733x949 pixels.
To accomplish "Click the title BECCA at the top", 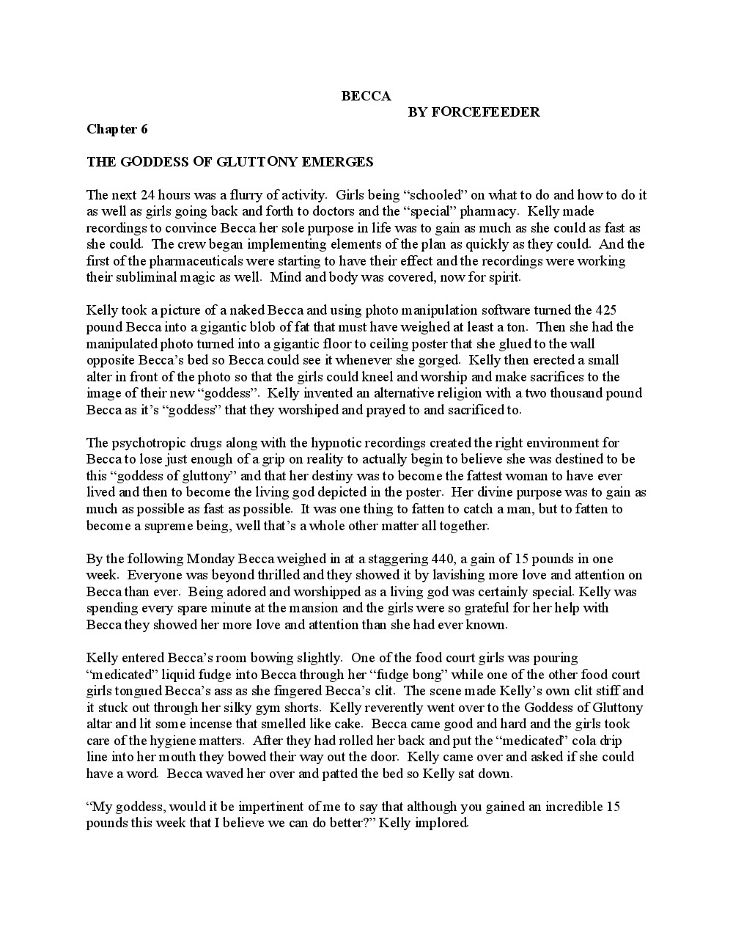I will tap(366, 96).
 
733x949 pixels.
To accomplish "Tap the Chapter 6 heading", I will tap(117, 129).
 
